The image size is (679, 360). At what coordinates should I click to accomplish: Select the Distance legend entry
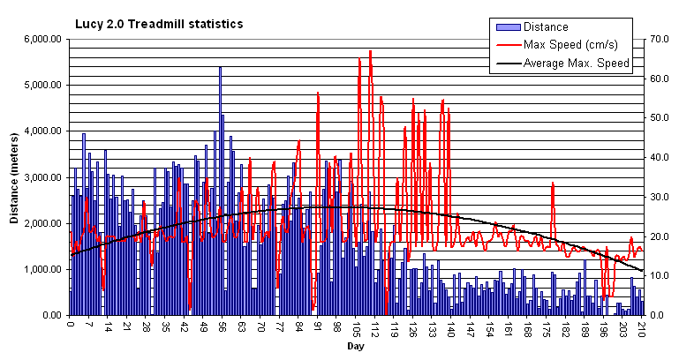pyautogui.click(x=545, y=26)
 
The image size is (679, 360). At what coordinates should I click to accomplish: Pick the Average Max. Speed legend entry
pyautogui.click(x=576, y=63)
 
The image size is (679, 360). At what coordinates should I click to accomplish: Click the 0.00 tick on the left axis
pyautogui.click(x=49, y=315)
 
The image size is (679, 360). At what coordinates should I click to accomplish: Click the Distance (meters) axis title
pyautogui.click(x=15, y=176)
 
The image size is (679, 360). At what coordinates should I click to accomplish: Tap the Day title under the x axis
pyautogui.click(x=355, y=348)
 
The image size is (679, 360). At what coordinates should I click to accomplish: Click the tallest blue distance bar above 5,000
pyautogui.click(x=220, y=68)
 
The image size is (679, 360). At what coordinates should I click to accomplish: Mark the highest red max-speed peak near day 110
pyautogui.click(x=370, y=51)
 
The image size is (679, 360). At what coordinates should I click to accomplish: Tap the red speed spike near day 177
pyautogui.click(x=553, y=183)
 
